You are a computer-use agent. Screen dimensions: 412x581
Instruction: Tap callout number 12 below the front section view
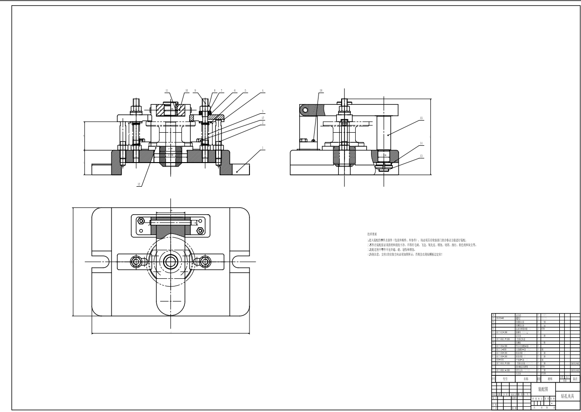coord(139,184)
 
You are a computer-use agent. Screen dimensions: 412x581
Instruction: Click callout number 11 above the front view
coord(167,91)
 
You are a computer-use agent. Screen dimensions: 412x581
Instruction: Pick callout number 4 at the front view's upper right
coord(263,91)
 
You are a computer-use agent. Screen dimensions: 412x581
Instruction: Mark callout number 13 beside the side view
coord(421,156)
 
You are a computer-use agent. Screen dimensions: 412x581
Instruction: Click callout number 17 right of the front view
coord(263,118)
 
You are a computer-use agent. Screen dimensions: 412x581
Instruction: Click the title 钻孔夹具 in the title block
coord(567,396)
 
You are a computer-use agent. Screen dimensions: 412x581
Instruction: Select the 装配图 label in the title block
coord(543,389)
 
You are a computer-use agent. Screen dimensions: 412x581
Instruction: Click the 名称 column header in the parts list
coord(526,379)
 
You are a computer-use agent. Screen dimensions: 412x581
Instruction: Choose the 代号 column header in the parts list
coord(506,379)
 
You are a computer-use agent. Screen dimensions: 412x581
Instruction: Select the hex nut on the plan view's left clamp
coord(136,261)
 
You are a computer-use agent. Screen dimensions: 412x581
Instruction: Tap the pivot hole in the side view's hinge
coord(304,110)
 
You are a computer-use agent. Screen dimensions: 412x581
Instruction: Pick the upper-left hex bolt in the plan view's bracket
coord(141,221)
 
